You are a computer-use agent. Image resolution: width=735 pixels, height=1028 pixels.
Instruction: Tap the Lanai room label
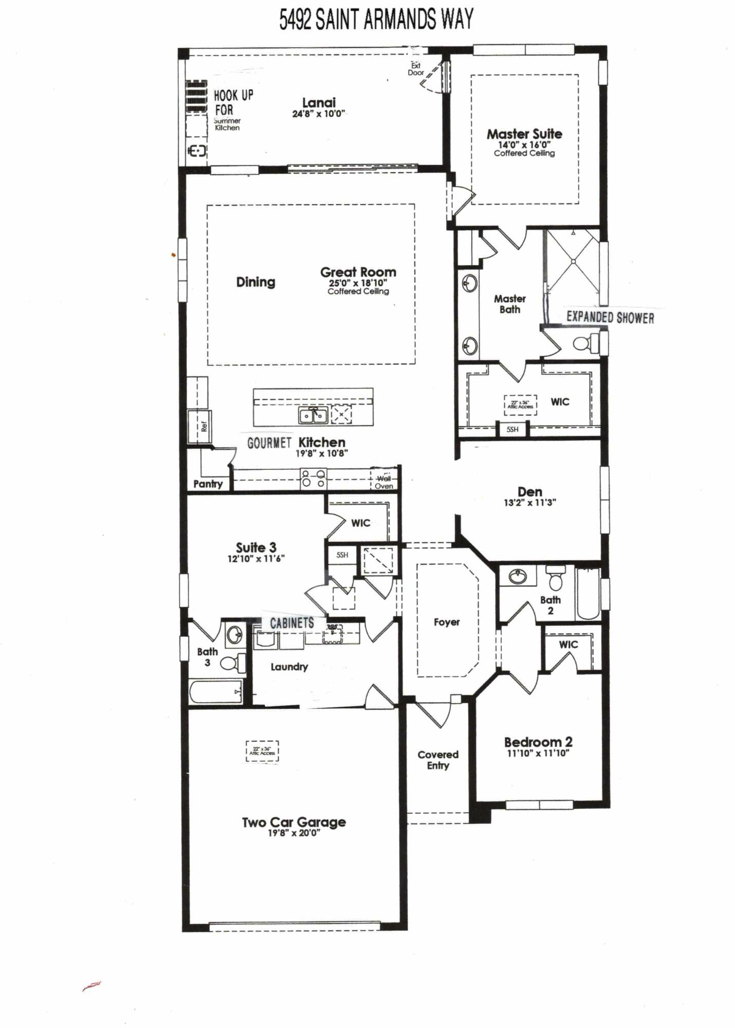319,102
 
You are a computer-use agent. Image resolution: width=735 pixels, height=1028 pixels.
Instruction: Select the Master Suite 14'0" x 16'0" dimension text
524,145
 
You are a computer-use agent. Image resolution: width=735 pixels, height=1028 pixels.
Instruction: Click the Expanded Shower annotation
610,318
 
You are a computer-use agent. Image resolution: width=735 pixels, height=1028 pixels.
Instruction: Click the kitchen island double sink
313,415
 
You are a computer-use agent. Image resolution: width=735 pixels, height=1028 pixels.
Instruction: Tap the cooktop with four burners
313,479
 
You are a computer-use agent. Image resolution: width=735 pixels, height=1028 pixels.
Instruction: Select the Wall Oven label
384,482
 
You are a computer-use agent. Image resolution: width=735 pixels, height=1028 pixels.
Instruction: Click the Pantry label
208,484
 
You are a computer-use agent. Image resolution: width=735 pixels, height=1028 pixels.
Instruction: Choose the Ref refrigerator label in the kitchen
204,426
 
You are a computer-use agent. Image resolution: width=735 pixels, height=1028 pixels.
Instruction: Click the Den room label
529,492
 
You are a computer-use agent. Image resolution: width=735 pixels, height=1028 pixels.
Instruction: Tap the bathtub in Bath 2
588,593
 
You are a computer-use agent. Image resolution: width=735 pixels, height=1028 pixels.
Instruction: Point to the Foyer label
446,622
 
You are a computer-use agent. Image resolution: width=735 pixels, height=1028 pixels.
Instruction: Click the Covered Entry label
438,760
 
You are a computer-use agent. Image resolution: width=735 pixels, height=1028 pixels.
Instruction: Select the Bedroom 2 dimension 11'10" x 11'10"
538,754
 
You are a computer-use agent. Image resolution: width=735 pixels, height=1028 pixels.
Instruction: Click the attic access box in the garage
262,751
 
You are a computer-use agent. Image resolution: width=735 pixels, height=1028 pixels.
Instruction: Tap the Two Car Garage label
293,822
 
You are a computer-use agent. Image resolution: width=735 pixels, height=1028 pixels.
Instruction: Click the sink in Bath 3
235,635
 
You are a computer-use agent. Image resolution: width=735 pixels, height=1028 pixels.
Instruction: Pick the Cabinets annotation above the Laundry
292,623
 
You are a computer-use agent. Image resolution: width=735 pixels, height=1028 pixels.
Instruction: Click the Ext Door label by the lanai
415,69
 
